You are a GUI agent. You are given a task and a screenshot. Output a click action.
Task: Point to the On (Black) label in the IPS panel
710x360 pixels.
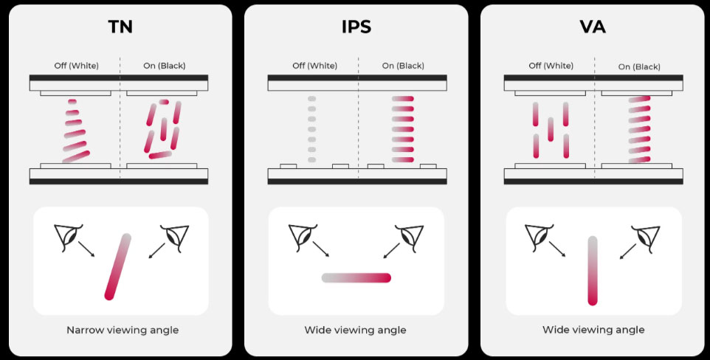[403, 66]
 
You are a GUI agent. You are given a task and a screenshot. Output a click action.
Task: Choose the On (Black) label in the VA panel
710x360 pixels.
[639, 66]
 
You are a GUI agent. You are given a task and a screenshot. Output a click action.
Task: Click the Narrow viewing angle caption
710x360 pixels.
[123, 330]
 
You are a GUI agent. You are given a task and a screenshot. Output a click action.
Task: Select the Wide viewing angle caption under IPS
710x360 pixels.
[355, 330]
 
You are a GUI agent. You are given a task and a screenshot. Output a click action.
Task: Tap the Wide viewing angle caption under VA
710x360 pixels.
[593, 330]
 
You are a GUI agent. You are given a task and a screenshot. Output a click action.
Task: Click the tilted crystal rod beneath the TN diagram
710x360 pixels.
[118, 266]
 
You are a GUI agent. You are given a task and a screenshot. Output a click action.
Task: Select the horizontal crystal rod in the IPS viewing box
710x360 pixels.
[356, 278]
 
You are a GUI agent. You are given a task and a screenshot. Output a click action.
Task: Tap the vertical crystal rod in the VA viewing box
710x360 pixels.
[593, 270]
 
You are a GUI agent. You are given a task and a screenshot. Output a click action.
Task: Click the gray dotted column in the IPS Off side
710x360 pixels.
[311, 129]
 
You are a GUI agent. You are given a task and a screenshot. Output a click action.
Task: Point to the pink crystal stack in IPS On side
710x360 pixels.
[403, 129]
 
